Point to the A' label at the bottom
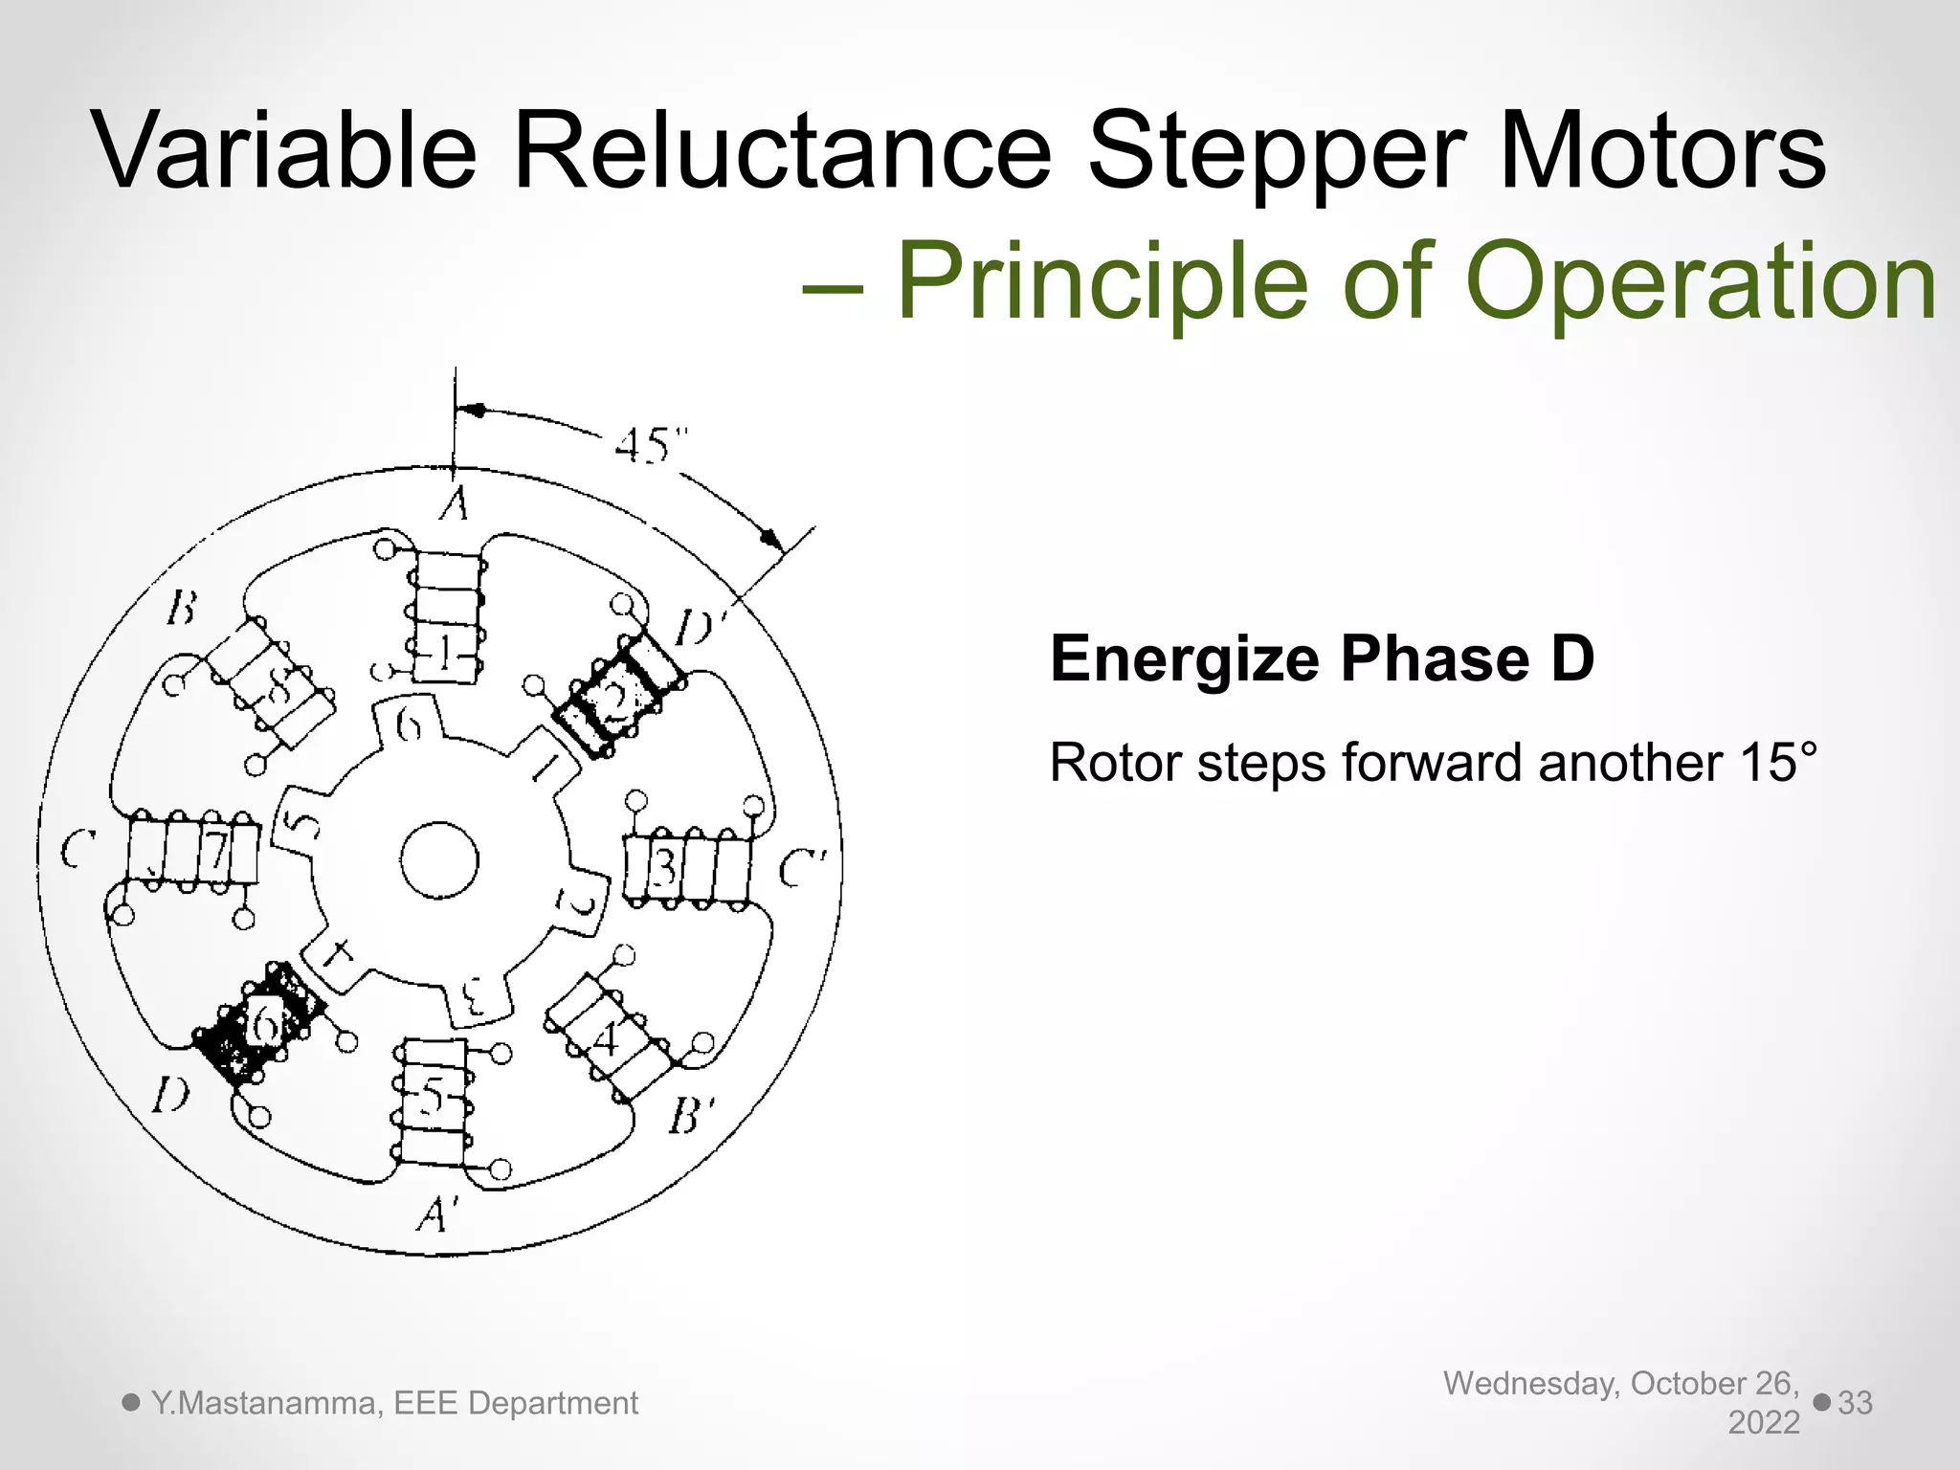[436, 1215]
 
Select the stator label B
[182, 608]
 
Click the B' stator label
[691, 1116]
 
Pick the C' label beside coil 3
[802, 869]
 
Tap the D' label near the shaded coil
[701, 630]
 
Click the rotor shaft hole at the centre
[439, 859]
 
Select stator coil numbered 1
[446, 617]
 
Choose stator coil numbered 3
[687, 867]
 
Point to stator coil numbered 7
[193, 850]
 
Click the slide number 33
[1855, 1402]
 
